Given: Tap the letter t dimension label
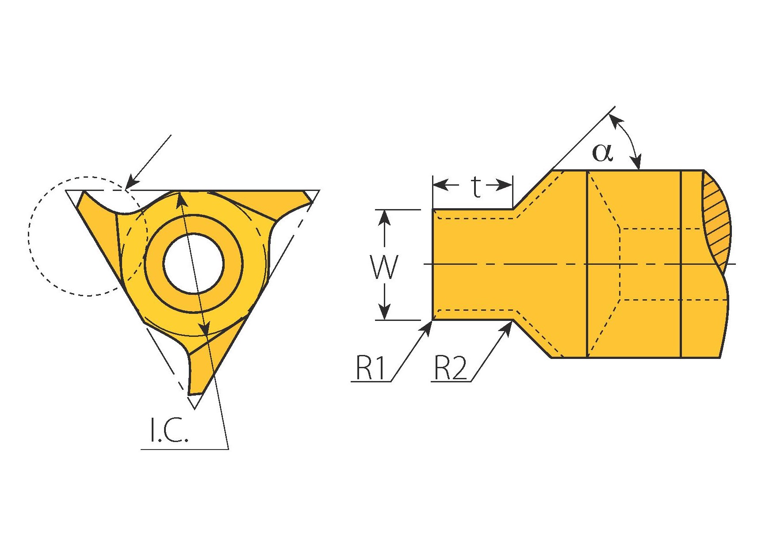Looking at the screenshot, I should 475,187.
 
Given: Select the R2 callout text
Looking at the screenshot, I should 451,368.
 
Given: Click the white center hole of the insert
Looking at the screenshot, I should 194,264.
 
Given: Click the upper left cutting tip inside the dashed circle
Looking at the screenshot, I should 82,198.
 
